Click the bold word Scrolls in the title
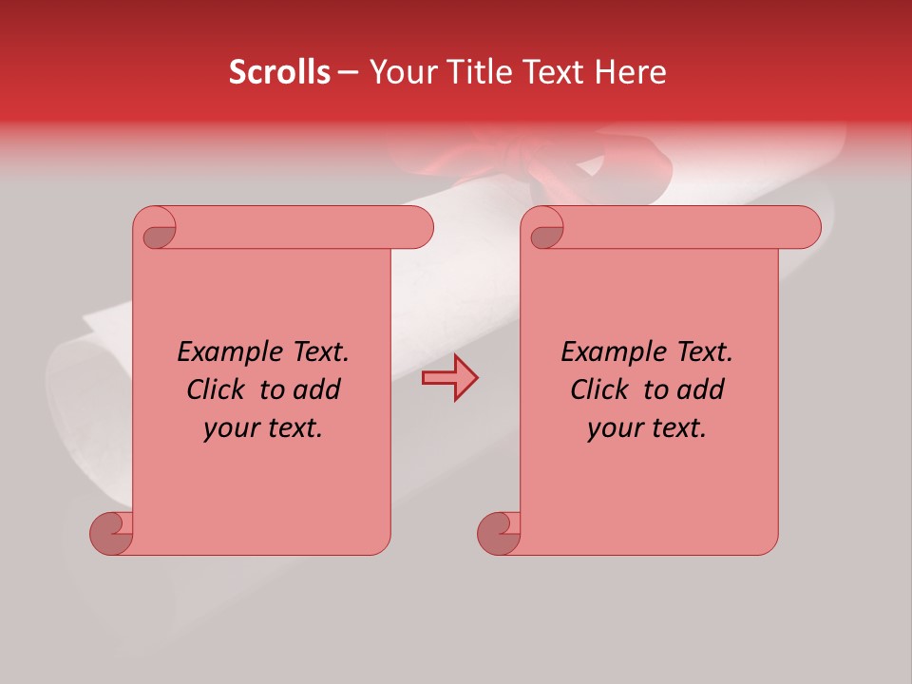pos(279,71)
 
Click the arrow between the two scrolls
pos(449,378)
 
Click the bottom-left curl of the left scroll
pos(110,534)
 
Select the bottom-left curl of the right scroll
pos(498,534)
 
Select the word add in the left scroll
pos(317,389)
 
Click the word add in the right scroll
pos(701,389)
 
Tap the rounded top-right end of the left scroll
pos(418,228)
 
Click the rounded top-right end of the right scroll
pos(806,228)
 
